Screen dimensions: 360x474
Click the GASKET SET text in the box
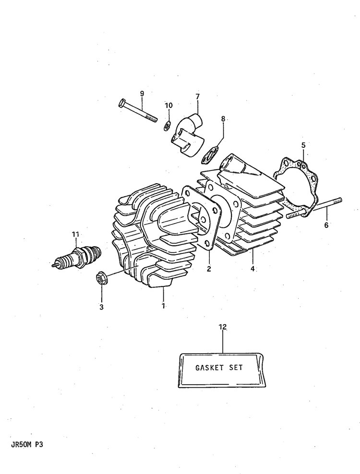tap(219, 367)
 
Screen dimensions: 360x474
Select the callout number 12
tap(223, 327)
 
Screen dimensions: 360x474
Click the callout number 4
tap(252, 268)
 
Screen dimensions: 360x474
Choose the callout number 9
tap(142, 94)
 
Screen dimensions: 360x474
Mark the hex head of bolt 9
tap(120, 103)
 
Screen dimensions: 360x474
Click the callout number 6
tap(326, 225)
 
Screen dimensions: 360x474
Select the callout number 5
tap(303, 145)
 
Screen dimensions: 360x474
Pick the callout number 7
tap(198, 96)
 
